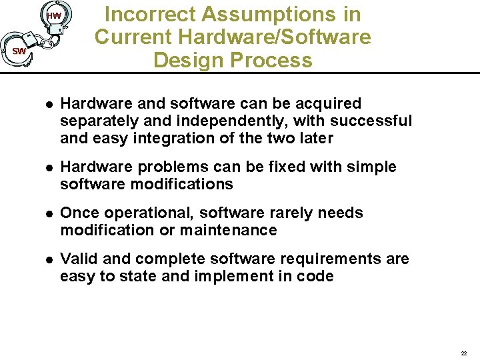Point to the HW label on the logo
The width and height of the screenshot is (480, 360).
pos(54,16)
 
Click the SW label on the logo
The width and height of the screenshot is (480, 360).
pos(19,51)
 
